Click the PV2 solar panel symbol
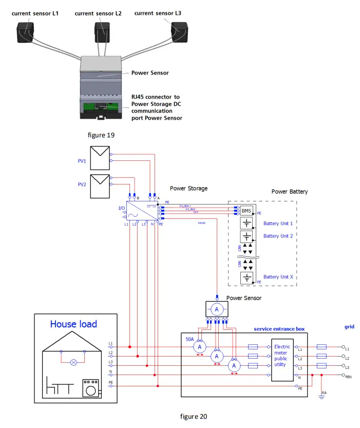99,186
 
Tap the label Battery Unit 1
278,224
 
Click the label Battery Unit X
278,277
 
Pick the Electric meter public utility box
282,356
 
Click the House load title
73,324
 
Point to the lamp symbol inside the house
74,362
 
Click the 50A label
190,339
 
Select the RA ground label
324,393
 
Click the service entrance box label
279,329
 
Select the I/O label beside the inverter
121,208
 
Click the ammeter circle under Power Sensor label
217,309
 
